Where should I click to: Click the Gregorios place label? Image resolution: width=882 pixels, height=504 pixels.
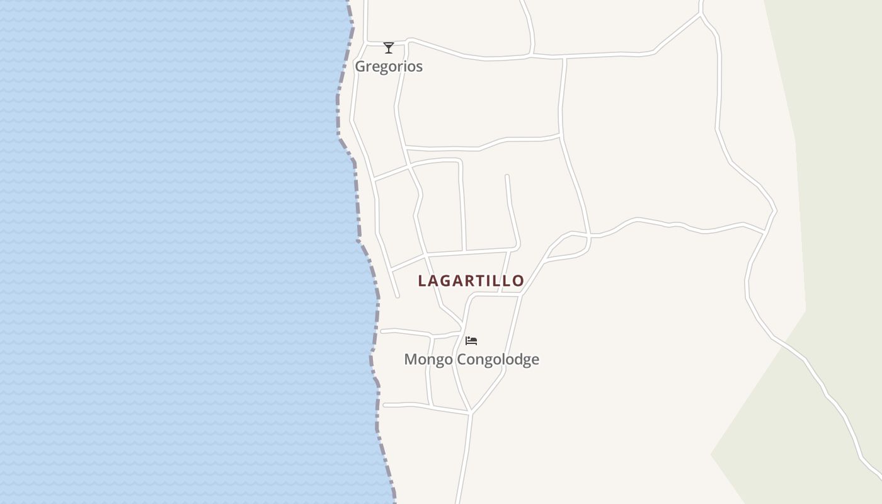click(x=389, y=66)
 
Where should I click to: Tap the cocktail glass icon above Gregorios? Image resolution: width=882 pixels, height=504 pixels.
click(x=389, y=48)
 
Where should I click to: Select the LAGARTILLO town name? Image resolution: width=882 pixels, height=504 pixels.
click(x=471, y=281)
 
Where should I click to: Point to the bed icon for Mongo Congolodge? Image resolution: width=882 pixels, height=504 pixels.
click(x=471, y=341)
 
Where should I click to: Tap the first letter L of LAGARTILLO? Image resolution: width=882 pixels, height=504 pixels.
click(x=423, y=281)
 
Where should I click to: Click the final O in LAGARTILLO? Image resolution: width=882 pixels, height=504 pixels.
click(x=518, y=281)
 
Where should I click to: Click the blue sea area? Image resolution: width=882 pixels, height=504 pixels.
click(x=170, y=252)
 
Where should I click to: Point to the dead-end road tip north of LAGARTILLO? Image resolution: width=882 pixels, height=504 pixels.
click(x=507, y=176)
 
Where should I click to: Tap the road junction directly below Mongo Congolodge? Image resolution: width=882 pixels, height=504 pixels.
click(x=470, y=413)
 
